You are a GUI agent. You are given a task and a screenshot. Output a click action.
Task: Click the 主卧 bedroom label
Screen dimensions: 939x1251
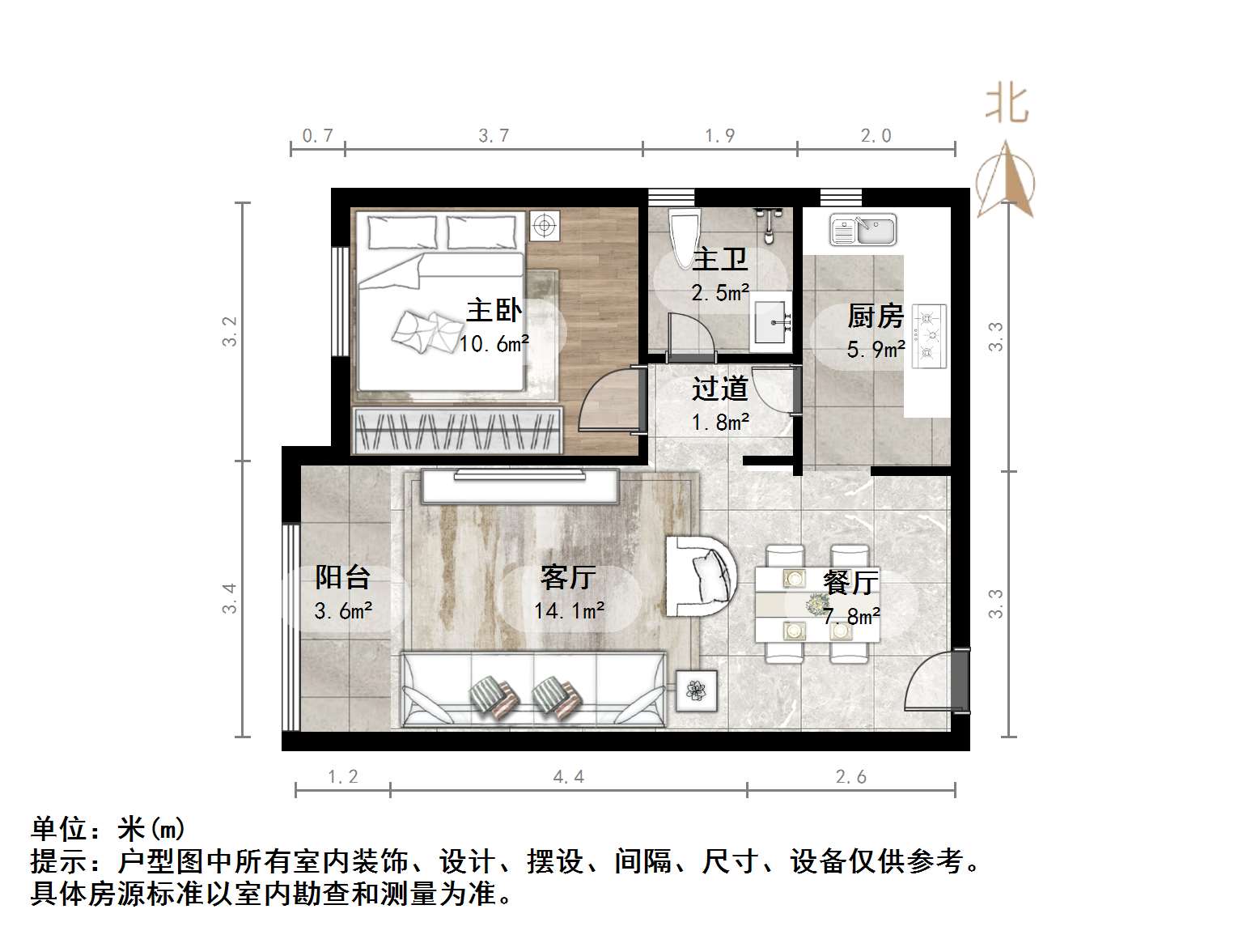494,310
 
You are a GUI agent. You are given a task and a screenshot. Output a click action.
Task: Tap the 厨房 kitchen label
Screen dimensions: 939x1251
875,316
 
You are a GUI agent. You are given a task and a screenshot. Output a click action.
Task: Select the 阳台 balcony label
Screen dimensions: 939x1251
342,577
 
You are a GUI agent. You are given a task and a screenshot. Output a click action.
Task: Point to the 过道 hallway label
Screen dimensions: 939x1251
719,389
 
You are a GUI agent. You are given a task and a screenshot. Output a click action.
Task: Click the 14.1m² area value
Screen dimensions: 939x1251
569,610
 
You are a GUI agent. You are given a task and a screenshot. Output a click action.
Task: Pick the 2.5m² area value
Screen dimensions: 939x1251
719,292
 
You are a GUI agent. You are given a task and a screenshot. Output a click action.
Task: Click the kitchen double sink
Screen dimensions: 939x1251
863,230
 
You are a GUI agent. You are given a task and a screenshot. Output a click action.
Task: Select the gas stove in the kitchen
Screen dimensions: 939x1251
929,336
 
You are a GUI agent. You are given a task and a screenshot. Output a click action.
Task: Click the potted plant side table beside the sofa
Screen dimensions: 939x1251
696,690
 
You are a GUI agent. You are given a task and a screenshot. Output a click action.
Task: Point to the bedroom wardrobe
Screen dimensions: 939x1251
458,430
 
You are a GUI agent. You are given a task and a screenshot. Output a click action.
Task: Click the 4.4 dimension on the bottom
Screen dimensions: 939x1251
568,777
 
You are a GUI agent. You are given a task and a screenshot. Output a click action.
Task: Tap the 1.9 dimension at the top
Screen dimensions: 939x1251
719,136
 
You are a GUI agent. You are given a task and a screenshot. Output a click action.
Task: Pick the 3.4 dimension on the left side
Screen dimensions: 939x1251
230,598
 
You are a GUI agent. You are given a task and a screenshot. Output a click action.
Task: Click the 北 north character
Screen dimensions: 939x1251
1007,104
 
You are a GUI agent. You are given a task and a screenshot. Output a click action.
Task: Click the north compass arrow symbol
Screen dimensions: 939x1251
1005,180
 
